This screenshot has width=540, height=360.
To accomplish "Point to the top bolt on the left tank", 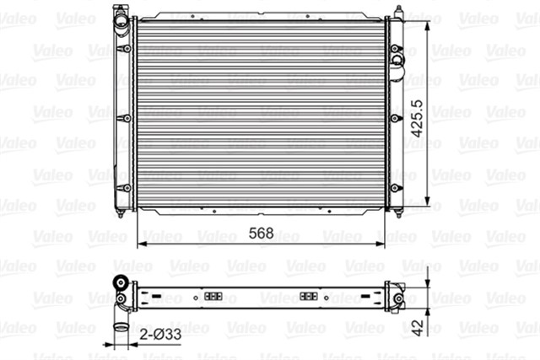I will pyautogui.click(x=127, y=49).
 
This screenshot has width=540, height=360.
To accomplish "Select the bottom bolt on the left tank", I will pyautogui.click(x=127, y=187).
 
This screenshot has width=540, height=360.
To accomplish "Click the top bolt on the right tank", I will pyautogui.click(x=395, y=49).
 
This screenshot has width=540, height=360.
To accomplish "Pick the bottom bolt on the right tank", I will pyautogui.click(x=395, y=187).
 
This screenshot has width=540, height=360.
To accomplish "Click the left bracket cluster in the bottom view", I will pyautogui.click(x=212, y=298).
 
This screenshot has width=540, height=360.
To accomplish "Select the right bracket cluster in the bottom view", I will pyautogui.click(x=310, y=298).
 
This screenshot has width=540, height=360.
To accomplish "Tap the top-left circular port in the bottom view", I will pyautogui.click(x=122, y=282).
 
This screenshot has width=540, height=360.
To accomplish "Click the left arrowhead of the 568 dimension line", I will pyautogui.click(x=140, y=244).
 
